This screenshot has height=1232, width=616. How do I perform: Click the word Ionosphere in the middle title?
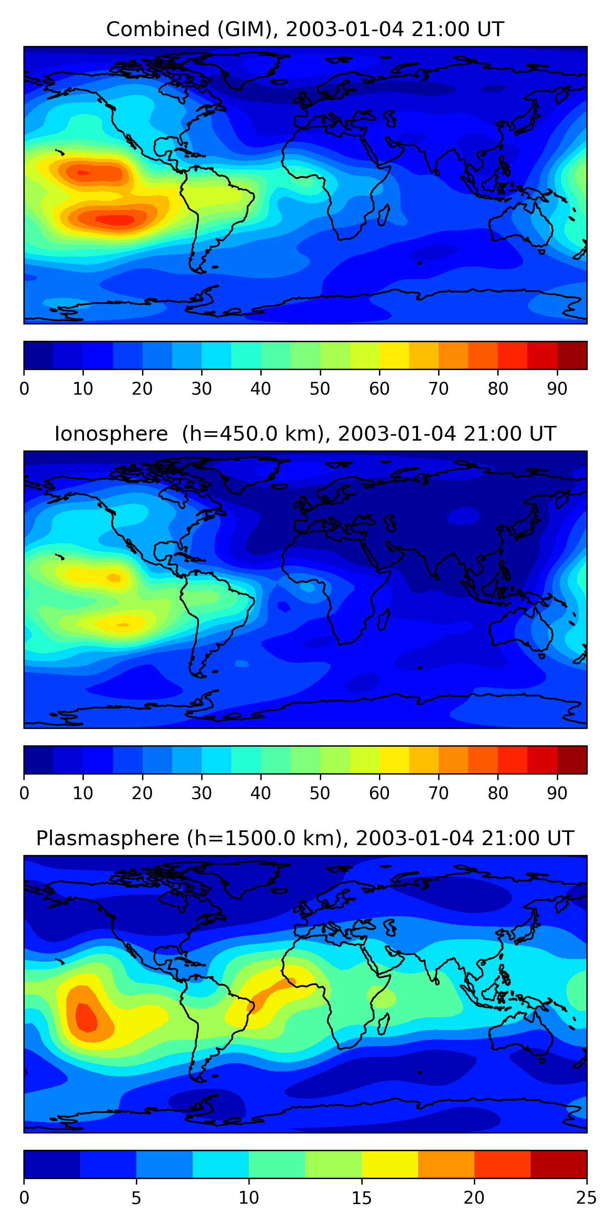click(111, 434)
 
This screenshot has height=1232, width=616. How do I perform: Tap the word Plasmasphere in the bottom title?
click(107, 839)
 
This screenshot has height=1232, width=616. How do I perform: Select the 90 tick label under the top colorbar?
click(557, 389)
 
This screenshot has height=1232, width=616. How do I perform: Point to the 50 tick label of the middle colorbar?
click(320, 793)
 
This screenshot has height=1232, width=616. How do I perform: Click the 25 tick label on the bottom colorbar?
click(586, 1198)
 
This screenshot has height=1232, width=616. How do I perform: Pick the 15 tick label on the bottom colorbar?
click(361, 1198)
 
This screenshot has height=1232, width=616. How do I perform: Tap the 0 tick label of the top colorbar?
click(24, 389)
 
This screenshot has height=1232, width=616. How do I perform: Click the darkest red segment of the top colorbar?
click(572, 355)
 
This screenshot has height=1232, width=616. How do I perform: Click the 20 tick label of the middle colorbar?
click(142, 793)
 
